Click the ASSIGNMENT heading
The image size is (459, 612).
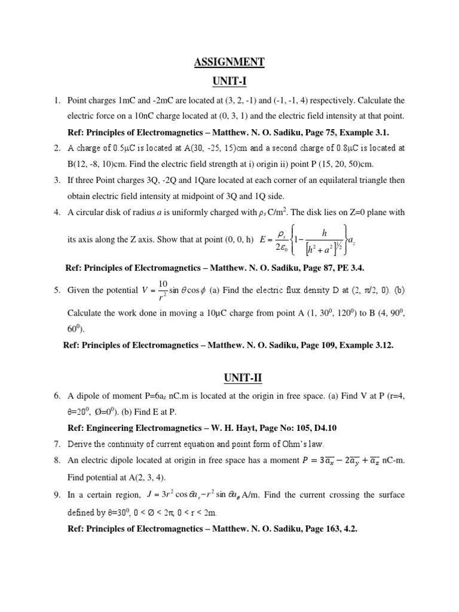coord(229,62)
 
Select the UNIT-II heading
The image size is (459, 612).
coord(229,378)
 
